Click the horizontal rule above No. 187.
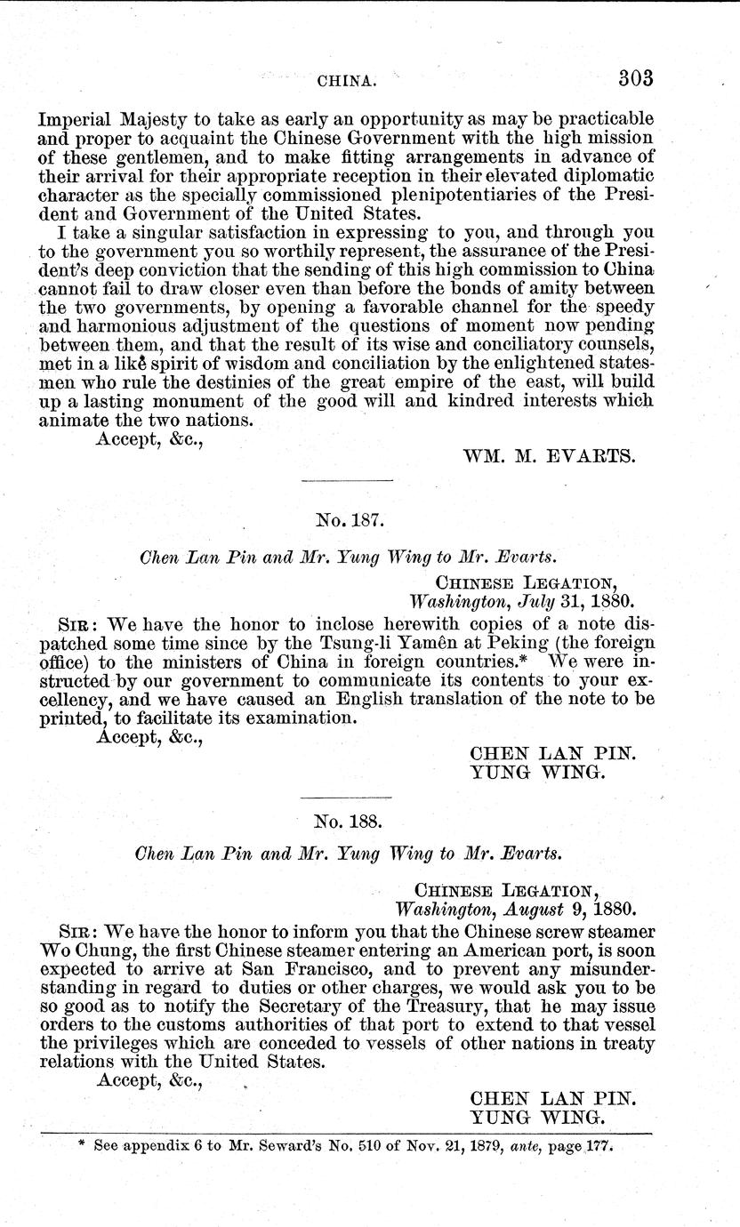pyautogui.click(x=348, y=481)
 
